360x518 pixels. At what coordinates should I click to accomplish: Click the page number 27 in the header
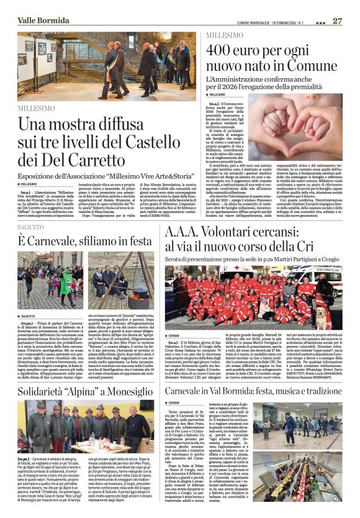[x=338, y=20]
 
